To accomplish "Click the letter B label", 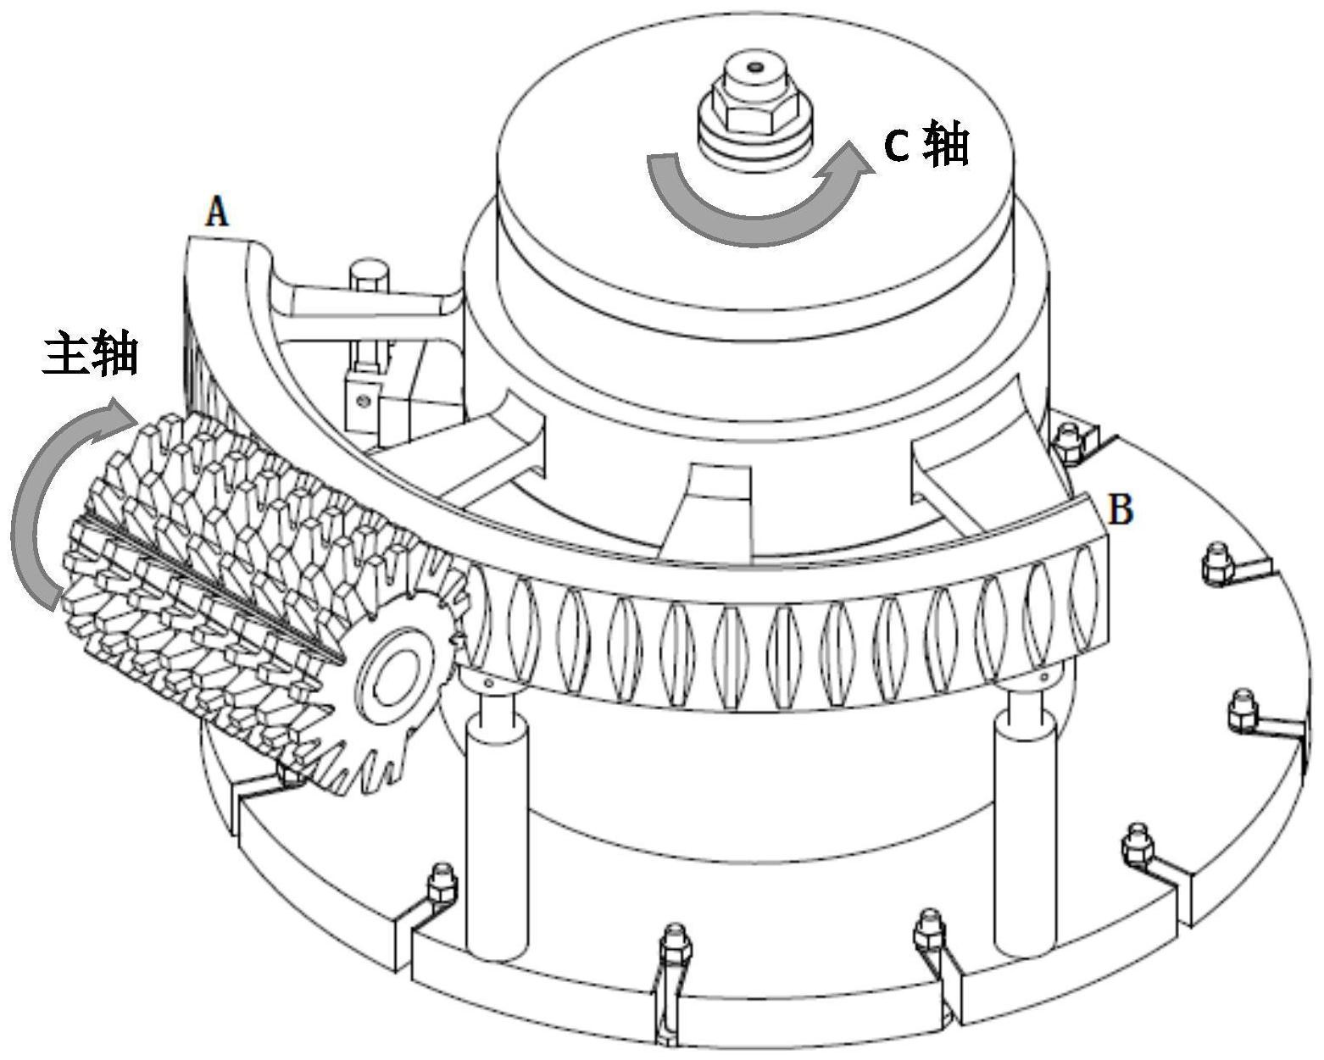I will [1121, 510].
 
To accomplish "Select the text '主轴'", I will [91, 353].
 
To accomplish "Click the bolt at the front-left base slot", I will [442, 885].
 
